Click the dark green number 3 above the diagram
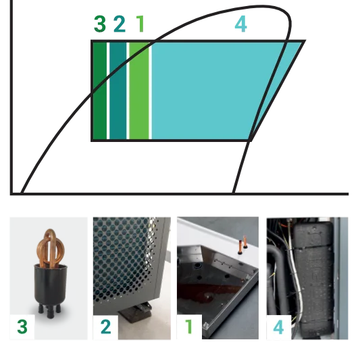(100, 24)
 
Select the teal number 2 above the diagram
(120, 24)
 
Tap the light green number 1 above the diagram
(140, 24)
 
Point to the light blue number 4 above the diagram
(241, 24)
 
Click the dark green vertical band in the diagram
(100, 91)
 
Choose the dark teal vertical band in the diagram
(118, 91)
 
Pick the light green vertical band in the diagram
(139, 91)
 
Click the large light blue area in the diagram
(207, 91)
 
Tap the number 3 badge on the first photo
(22, 327)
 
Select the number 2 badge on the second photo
(105, 327)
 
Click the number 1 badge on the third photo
(189, 327)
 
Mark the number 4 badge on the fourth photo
(279, 327)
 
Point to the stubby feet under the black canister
(49, 310)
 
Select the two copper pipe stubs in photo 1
(242, 244)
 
